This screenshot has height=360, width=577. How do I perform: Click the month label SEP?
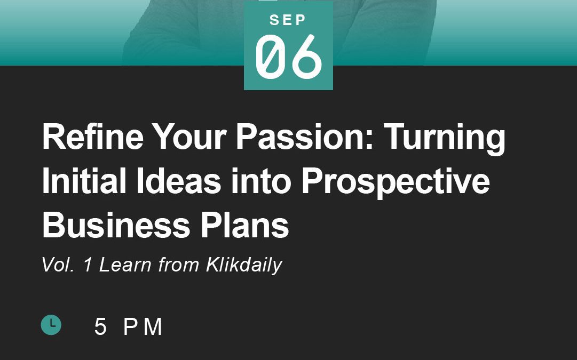click(x=288, y=20)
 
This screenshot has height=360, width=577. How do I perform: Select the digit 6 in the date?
click(x=307, y=56)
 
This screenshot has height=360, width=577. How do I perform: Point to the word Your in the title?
click(x=189, y=136)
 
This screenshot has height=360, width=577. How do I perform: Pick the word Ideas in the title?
click(x=179, y=181)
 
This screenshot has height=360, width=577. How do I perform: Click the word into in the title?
click(x=261, y=181)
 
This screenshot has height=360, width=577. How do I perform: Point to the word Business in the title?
click(x=116, y=225)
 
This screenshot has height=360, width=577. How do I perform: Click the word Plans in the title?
click(x=244, y=225)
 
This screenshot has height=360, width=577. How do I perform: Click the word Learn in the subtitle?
click(x=125, y=265)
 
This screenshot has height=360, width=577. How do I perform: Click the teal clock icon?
click(x=51, y=325)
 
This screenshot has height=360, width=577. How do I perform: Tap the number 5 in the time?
click(x=100, y=326)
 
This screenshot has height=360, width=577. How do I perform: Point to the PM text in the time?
click(x=143, y=326)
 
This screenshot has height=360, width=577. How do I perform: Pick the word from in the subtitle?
click(x=178, y=265)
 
